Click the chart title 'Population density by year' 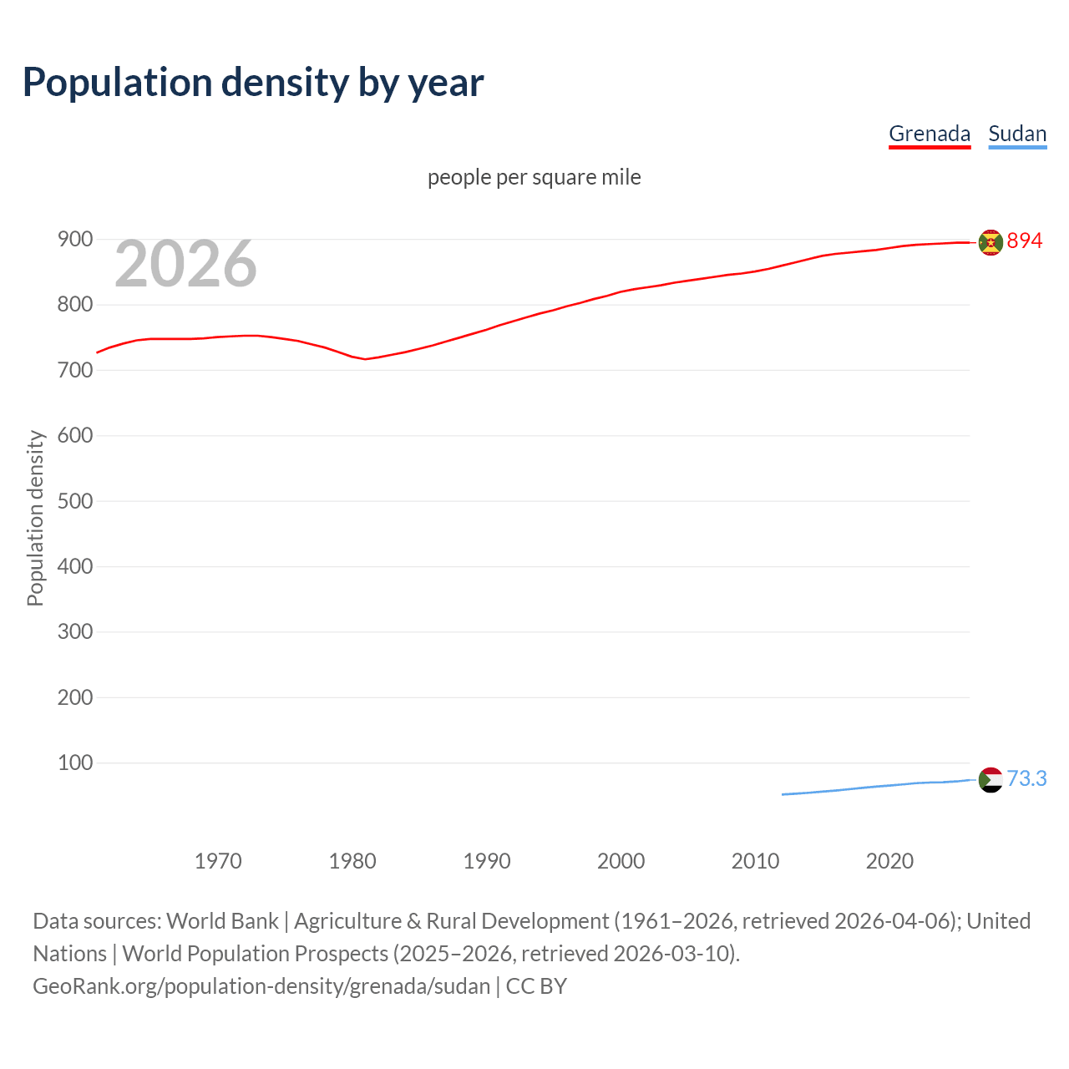pos(253,82)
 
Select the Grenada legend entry pos(929,134)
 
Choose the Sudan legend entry pos(1016,134)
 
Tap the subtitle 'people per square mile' pos(534,177)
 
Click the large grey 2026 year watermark pos(185,264)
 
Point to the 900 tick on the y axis pos(74,240)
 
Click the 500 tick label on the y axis pos(74,501)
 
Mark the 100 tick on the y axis pos(74,762)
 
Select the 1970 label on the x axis pos(218,860)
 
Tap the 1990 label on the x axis pos(487,860)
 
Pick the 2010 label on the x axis pos(755,860)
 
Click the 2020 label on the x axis pos(889,860)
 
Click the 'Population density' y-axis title pos(35,518)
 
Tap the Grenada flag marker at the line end pos(990,242)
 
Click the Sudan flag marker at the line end pos(990,779)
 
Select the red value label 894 pos(1025,241)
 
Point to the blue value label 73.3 pos(1026,778)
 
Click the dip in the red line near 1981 pos(365,359)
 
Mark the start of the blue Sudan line pos(783,794)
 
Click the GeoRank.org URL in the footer pos(261,985)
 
